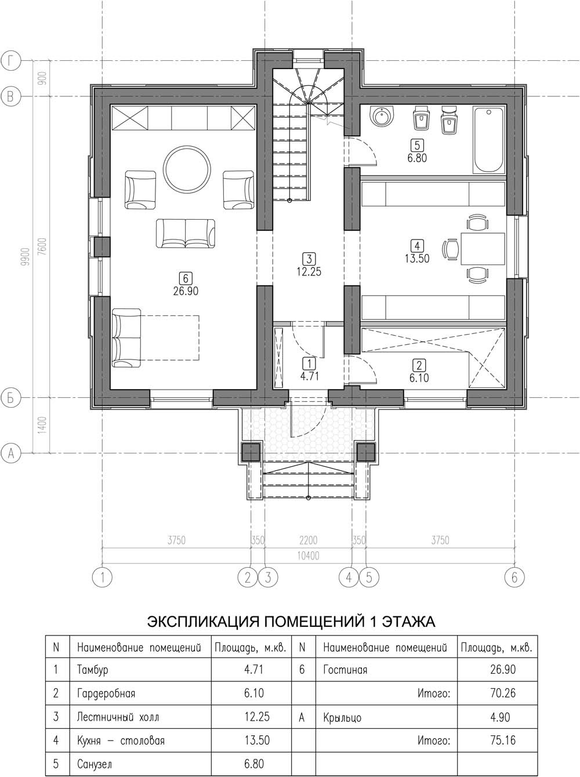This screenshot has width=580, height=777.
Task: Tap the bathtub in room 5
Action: [x=489, y=140]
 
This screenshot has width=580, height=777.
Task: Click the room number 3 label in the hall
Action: [x=309, y=259]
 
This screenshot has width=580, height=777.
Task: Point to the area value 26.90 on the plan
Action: [x=186, y=291]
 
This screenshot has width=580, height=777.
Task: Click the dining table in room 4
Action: [x=483, y=249]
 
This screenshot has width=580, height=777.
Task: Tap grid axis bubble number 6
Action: [x=514, y=578]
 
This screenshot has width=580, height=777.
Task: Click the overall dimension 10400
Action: [x=308, y=555]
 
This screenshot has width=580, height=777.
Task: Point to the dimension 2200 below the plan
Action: [x=308, y=540]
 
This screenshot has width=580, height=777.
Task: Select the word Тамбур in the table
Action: [x=93, y=670]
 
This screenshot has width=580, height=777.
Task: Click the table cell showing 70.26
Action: [x=503, y=693]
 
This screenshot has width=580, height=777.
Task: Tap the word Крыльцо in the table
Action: [x=342, y=717]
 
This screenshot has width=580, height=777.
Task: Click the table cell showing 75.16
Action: [x=503, y=740]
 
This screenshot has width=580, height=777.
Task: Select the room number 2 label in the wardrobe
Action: [x=419, y=365]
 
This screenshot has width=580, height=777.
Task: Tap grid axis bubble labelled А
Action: [x=10, y=453]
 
